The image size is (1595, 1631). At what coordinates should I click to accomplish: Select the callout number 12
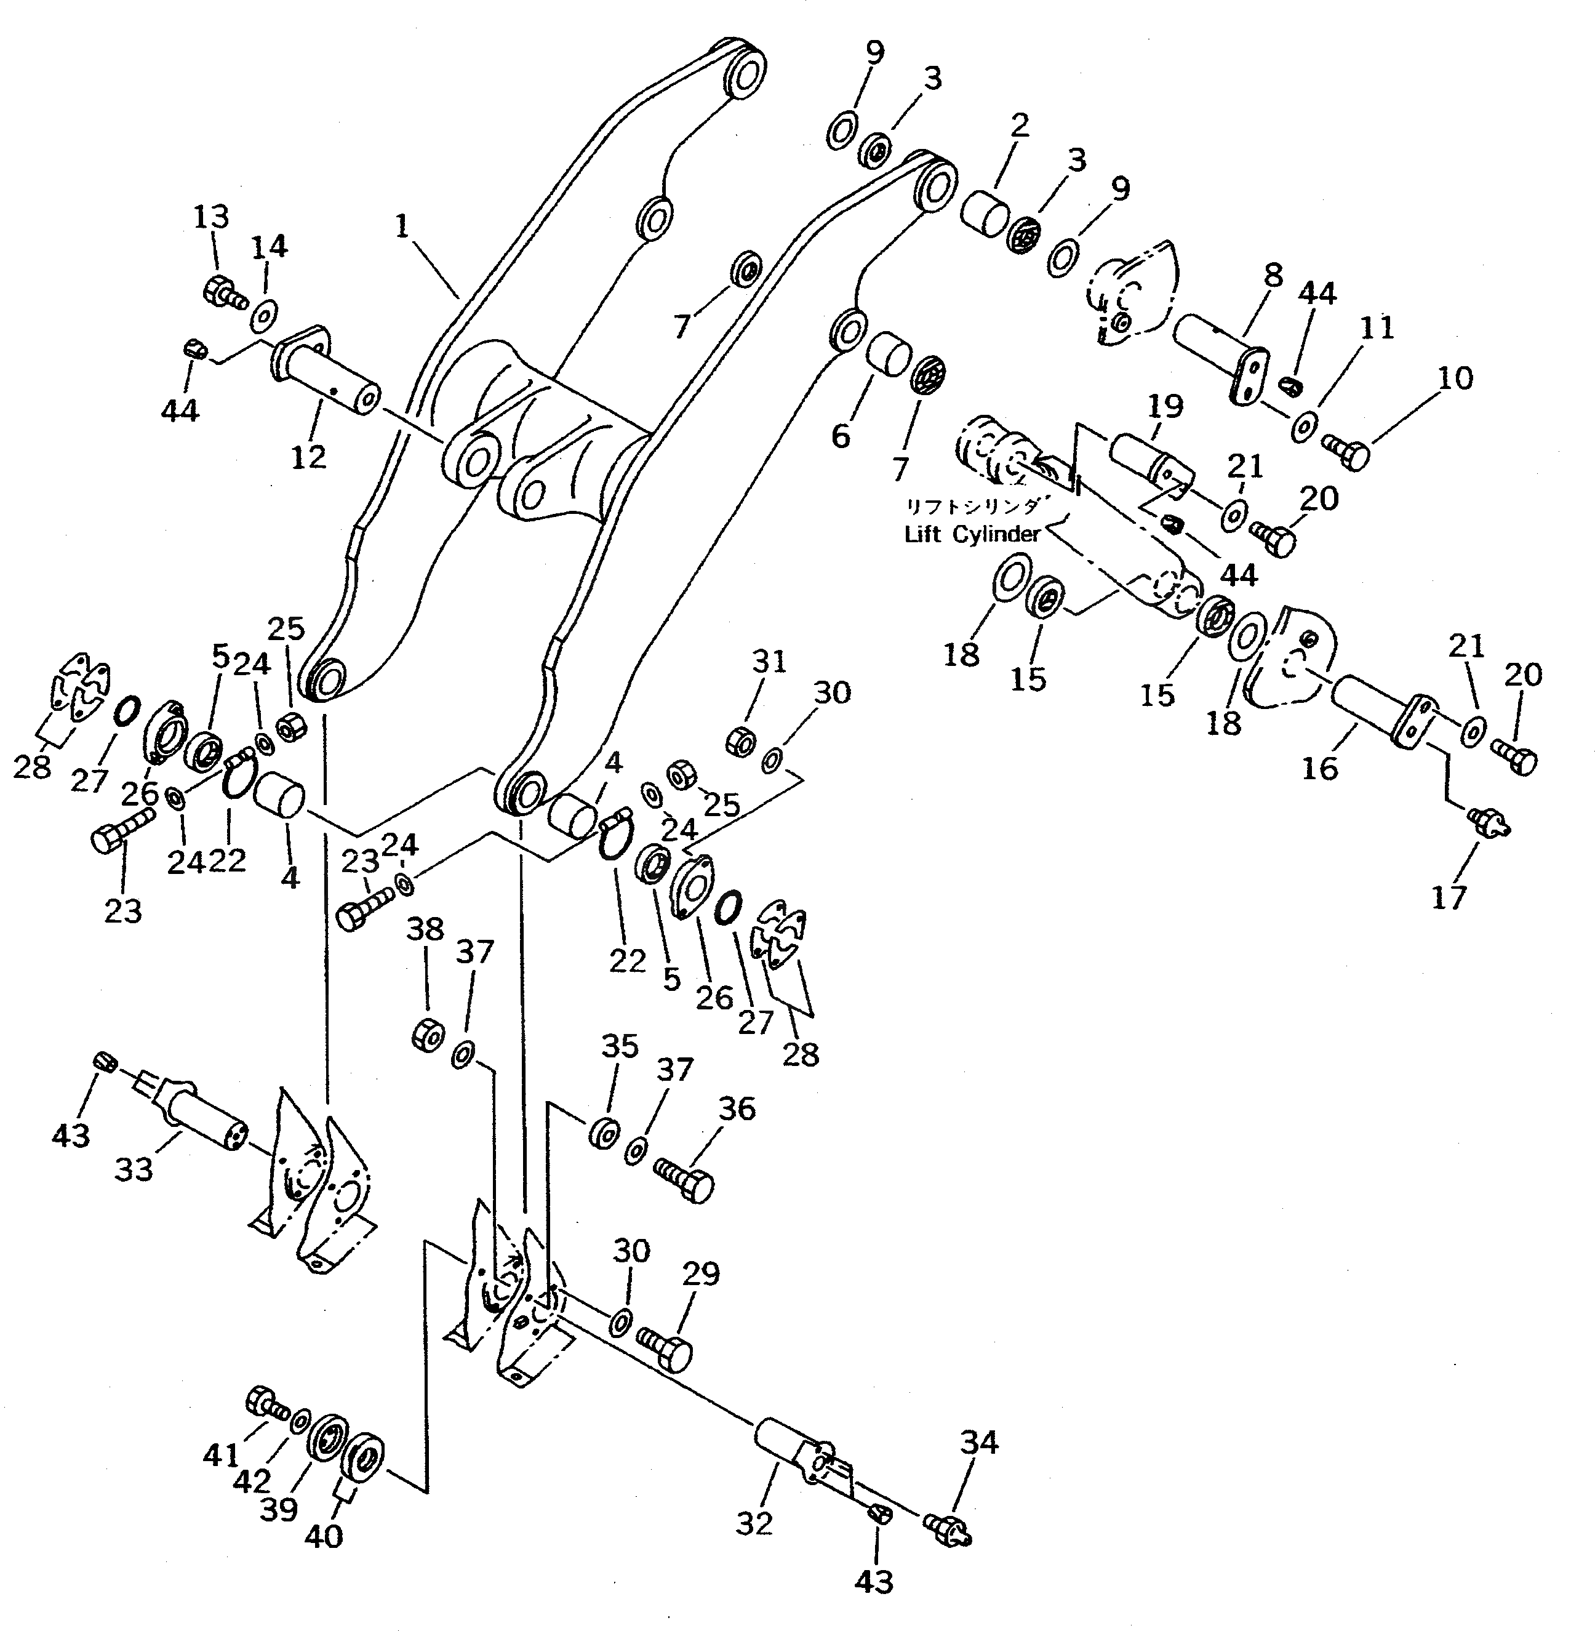point(308,457)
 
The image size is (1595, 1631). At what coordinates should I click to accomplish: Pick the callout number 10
point(1456,378)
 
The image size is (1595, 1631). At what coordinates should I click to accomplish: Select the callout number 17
point(1449,897)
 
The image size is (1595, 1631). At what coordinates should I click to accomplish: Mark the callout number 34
point(978,1441)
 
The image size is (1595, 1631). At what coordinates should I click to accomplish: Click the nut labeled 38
point(427,1036)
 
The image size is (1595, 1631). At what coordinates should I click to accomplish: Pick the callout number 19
point(1164,407)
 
